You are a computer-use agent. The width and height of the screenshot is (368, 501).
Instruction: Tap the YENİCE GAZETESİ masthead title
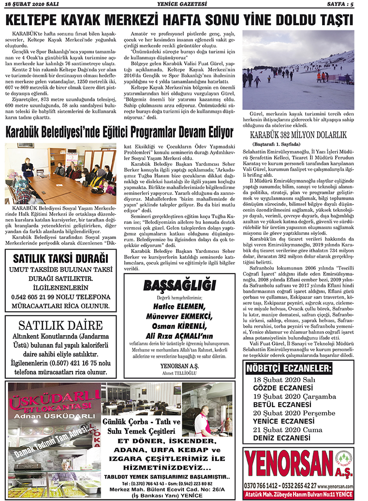click(x=182, y=4)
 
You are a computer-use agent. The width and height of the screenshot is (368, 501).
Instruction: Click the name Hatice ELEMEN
click(x=179, y=307)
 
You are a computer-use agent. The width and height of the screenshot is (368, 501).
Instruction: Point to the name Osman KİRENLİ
click(x=179, y=326)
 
